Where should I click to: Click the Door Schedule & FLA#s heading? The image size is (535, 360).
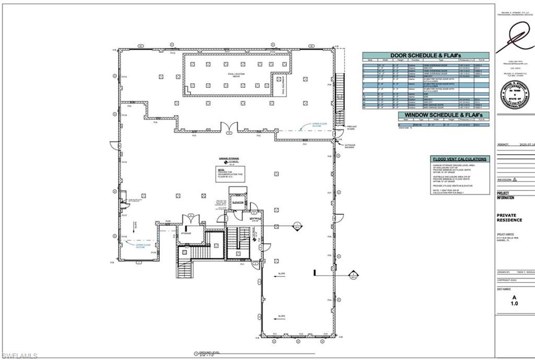[x=426, y=55]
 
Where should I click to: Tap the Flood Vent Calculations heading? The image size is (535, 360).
[x=460, y=159]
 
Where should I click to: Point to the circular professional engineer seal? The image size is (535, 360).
[x=514, y=95]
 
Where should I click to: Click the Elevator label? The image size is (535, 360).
[x=239, y=202]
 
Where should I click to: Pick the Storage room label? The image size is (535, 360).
[x=187, y=233]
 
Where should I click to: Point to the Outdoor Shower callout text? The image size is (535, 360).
[x=350, y=146]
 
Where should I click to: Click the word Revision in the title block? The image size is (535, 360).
[x=505, y=179]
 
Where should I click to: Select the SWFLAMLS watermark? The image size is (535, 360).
[x=19, y=355]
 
